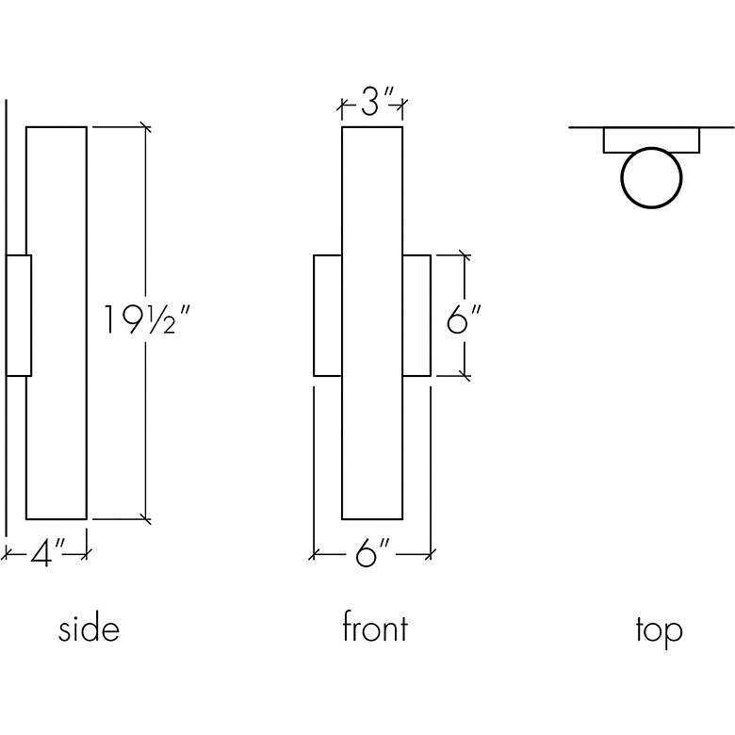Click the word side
(x=89, y=629)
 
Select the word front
(x=374, y=629)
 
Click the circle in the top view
(x=651, y=177)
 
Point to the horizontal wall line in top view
(x=584, y=127)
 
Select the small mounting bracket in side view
(x=19, y=316)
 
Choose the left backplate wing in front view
(x=327, y=316)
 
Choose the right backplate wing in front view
(x=416, y=316)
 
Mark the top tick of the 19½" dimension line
(x=145, y=125)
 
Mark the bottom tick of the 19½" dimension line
(x=145, y=519)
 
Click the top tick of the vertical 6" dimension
(x=464, y=254)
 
